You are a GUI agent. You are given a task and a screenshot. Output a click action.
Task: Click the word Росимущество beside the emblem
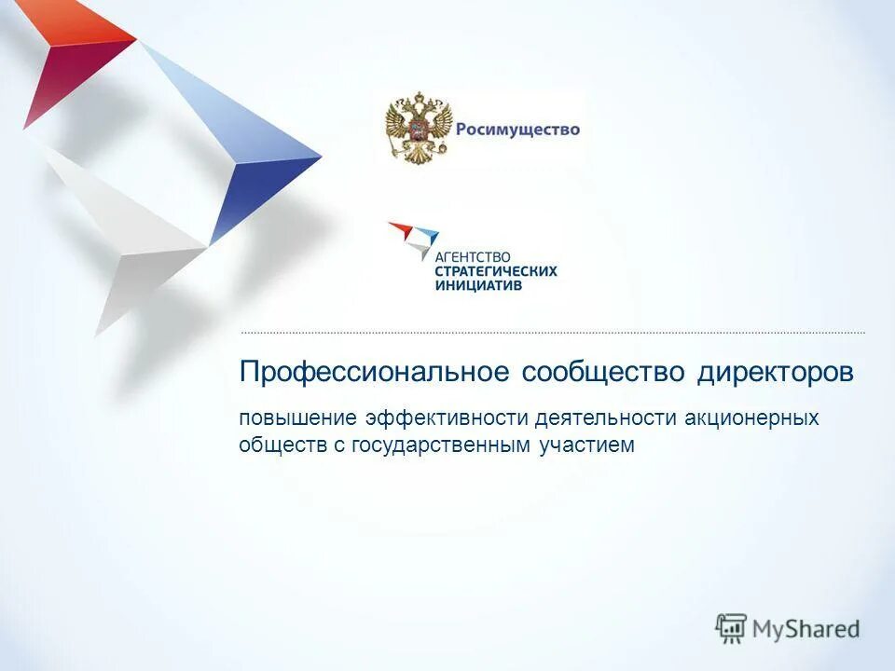coord(517,130)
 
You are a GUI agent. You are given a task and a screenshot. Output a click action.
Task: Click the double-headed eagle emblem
coord(419,129)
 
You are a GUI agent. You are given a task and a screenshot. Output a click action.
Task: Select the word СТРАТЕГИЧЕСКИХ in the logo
coord(496,271)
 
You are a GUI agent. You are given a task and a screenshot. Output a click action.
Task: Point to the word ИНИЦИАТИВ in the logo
coord(478,285)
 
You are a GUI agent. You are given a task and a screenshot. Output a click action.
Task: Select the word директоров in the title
coord(776,372)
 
